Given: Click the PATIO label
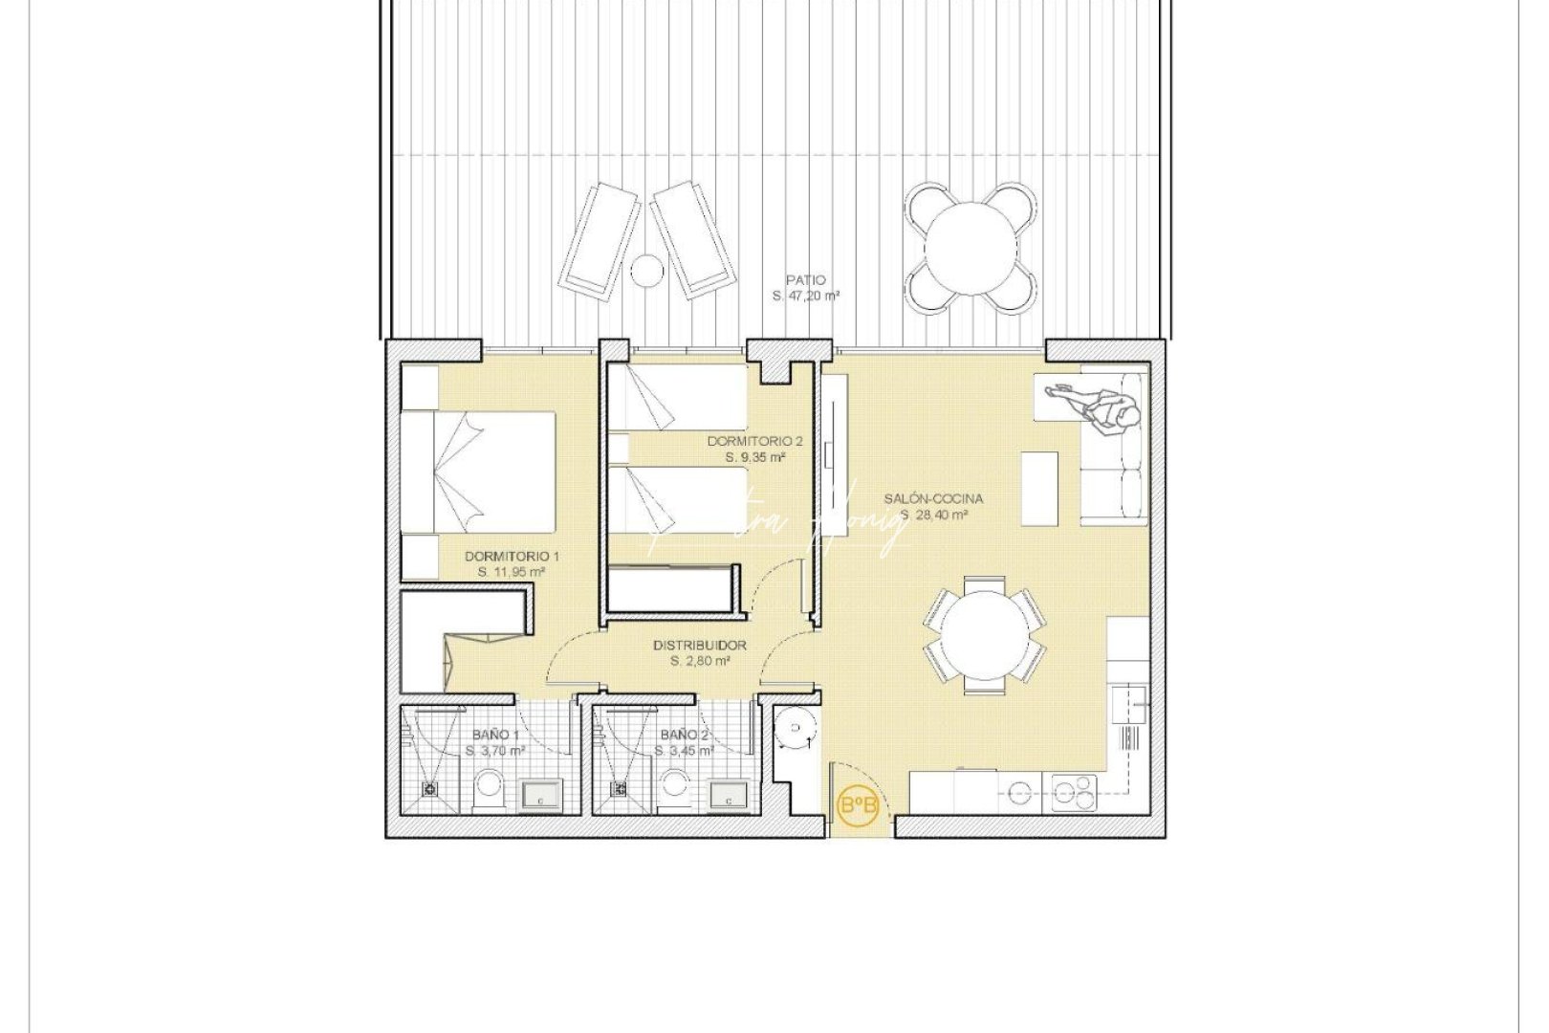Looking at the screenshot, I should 805,280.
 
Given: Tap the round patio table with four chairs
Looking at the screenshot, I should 971,248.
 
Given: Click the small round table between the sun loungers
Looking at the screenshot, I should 647,271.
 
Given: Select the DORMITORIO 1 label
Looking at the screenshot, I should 512,556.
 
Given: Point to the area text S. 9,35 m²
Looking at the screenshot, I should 755,457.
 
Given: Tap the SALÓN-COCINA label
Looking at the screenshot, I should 933,498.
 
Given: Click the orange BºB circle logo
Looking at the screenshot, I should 858,807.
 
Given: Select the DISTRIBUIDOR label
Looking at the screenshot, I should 700,646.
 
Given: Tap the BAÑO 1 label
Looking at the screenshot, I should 495,735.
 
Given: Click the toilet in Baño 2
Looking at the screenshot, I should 677,788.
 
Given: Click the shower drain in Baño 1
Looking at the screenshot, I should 430,789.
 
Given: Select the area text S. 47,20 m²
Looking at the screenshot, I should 805,297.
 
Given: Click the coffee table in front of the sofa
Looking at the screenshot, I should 1039,488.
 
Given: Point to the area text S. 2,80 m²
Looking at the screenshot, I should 700,661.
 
